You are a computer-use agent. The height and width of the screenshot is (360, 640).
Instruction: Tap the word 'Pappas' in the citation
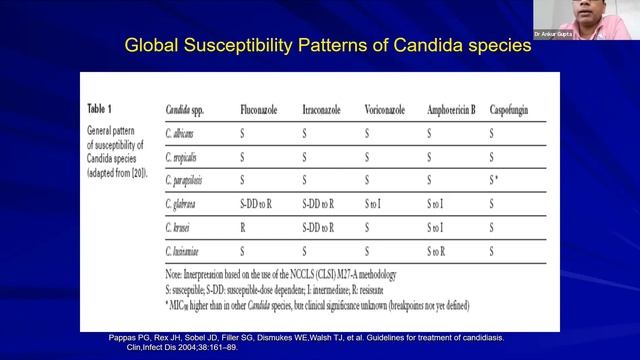click(x=124, y=338)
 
